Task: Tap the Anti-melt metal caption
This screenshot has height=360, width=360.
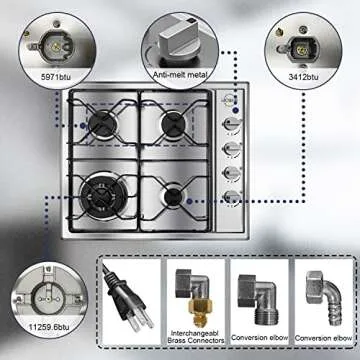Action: [x=180, y=74]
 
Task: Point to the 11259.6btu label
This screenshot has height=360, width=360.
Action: [x=44, y=326]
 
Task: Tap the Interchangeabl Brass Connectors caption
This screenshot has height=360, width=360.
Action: [x=190, y=339]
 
